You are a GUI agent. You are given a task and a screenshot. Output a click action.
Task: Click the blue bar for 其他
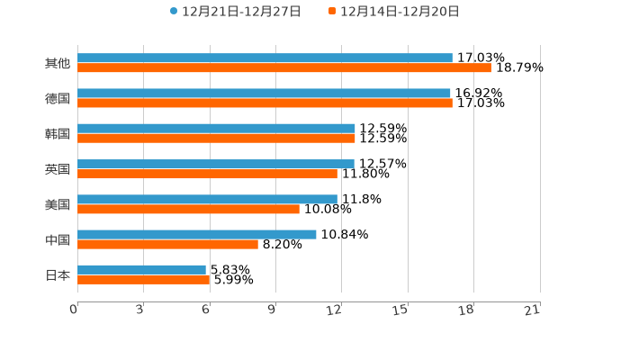265,58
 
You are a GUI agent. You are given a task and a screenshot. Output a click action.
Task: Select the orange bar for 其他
284,67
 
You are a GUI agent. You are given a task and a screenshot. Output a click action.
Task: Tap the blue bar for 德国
264,93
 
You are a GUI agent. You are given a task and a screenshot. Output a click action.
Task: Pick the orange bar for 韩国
216,138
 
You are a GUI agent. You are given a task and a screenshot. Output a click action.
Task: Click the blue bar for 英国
216,164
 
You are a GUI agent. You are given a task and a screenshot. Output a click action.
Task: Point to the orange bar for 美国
188,209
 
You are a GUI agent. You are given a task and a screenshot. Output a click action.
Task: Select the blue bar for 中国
197,234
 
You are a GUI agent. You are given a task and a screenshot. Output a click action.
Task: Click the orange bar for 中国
167,244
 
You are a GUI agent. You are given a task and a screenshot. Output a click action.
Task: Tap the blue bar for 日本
141,269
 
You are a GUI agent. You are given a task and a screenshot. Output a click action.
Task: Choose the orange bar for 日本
143,279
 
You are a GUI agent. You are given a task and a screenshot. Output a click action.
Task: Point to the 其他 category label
57,63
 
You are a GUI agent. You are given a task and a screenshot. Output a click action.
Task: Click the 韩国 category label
57,133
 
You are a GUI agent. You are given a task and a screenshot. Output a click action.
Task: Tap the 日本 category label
57,274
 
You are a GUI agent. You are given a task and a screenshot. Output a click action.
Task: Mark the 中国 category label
57,239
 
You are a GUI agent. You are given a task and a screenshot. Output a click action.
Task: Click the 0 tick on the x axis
74,310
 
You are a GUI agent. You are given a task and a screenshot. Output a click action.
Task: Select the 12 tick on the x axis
334,310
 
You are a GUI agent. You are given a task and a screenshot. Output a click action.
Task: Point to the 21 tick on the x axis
532,310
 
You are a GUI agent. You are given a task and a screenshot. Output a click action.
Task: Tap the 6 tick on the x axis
205,310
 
